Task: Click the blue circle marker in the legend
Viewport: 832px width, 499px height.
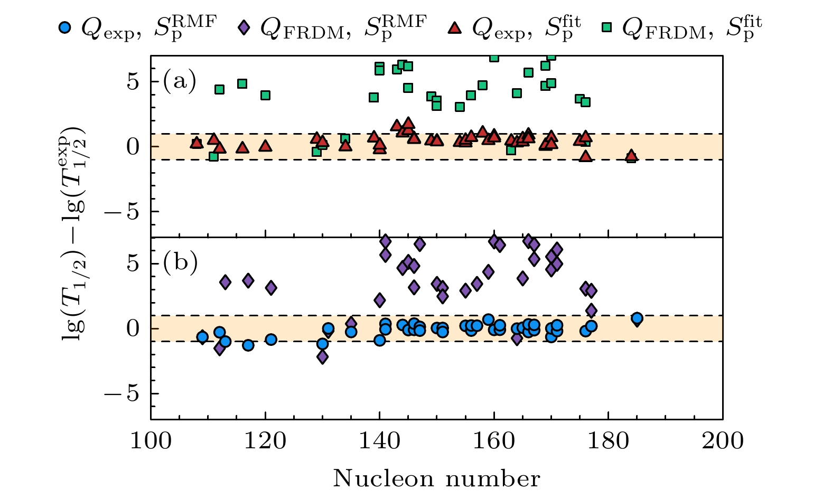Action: pos(64,27)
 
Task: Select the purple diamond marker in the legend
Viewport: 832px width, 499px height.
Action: pos(244,27)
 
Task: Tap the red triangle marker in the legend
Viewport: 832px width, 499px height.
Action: pos(455,27)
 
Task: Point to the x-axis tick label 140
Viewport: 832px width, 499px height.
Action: pos(379,440)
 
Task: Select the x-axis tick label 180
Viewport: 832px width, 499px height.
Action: pos(608,440)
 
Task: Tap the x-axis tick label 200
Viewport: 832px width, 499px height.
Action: pos(723,440)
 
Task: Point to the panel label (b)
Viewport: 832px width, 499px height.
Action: pos(180,262)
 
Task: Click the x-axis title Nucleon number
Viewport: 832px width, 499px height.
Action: pos(436,479)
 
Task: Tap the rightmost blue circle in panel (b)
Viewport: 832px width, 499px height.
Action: pos(637,318)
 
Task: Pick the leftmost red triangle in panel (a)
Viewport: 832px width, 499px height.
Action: pos(197,143)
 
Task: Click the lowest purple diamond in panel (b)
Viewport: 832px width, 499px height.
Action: pos(322,357)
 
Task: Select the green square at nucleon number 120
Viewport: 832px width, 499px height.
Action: pos(265,95)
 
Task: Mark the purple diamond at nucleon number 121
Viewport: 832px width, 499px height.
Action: pos(271,288)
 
